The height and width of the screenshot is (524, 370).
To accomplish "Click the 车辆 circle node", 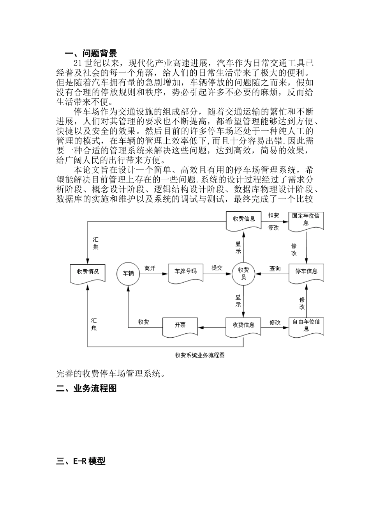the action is (128, 273).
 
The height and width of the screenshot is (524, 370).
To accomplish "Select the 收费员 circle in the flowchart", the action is (243, 273).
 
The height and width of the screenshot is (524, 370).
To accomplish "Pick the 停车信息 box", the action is (307, 272).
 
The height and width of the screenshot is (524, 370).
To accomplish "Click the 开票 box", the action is (180, 326).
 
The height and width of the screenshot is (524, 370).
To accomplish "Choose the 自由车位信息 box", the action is (306, 326).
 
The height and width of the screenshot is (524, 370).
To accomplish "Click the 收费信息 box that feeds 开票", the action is (243, 326).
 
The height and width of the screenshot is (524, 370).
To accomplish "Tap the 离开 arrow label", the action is (150, 268).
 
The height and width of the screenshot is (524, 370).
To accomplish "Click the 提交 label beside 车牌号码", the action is (217, 268).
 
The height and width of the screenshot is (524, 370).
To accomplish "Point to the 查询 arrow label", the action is (275, 268).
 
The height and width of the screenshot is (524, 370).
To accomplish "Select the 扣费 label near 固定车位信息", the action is (273, 215).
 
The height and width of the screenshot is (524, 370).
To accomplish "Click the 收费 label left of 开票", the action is (144, 322).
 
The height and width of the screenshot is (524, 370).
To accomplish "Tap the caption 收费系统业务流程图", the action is (200, 355).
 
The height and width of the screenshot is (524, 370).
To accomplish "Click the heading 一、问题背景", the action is (91, 53).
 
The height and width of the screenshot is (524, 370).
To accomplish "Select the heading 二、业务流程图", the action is (86, 388).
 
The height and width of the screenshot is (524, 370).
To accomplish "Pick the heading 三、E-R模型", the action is (81, 461).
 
